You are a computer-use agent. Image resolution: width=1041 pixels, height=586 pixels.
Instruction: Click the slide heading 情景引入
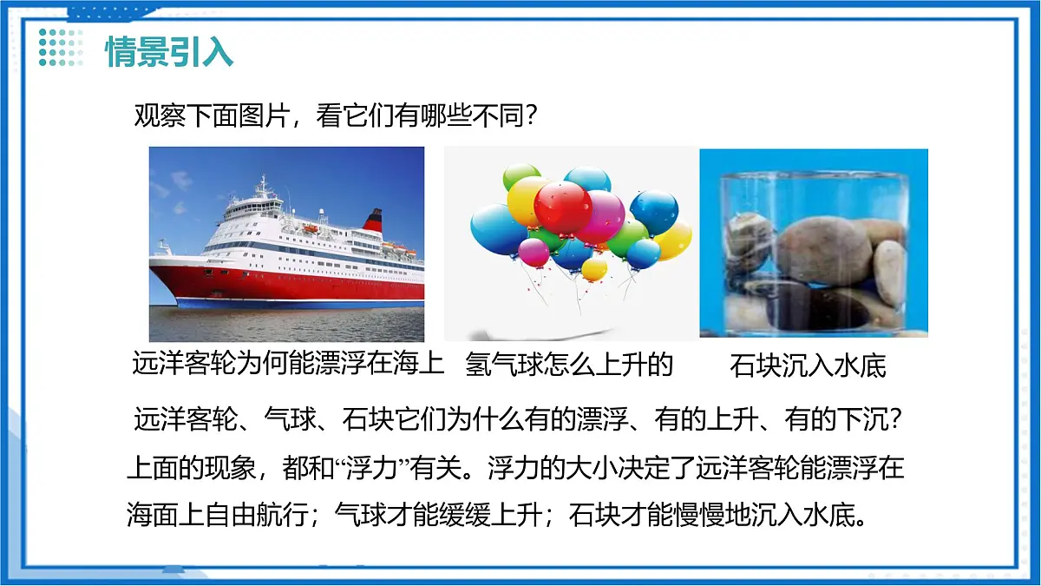[169, 51]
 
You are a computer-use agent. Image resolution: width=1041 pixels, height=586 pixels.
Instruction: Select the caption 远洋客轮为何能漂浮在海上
[288, 364]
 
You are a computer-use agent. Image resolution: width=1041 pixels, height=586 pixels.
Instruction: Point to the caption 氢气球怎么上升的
[569, 364]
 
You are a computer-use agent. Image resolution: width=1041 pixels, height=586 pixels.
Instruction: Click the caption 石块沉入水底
[808, 365]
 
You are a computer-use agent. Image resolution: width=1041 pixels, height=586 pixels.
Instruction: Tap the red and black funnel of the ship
[373, 221]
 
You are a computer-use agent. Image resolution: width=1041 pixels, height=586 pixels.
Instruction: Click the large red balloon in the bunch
[562, 208]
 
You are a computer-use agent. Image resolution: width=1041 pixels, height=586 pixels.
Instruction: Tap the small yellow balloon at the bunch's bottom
[594, 268]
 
